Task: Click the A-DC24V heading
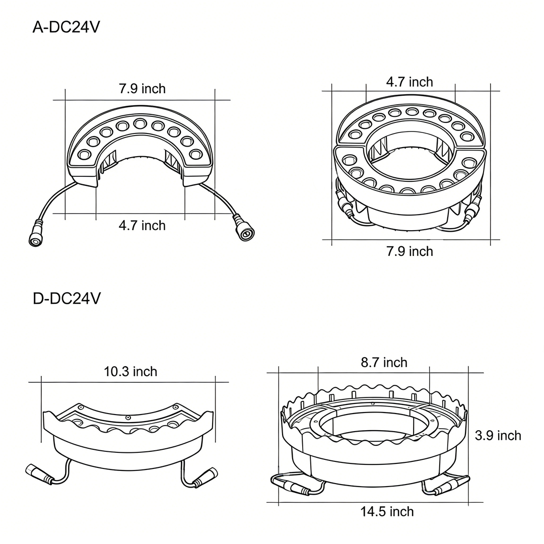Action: point(66,27)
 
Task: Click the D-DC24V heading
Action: point(66,298)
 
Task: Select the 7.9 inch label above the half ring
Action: point(142,89)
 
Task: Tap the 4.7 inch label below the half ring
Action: point(142,225)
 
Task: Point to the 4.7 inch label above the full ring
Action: point(410,82)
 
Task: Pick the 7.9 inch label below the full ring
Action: point(410,251)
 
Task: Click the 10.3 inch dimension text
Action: point(130,372)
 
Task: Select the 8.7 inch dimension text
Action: point(384,362)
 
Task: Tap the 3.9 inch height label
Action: point(498,435)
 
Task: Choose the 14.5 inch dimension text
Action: point(387,511)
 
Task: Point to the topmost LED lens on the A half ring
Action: point(140,123)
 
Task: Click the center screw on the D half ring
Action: point(128,418)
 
